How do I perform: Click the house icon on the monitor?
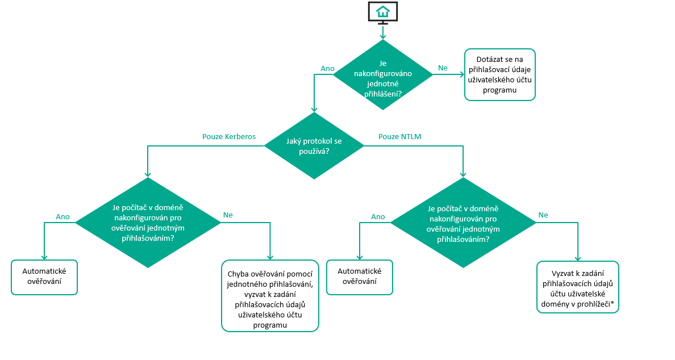click(383, 11)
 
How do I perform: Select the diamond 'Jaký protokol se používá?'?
click(314, 146)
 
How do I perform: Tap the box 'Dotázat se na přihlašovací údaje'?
click(499, 74)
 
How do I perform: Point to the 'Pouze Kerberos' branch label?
click(229, 137)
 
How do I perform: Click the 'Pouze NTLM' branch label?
click(399, 137)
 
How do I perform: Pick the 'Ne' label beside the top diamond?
click(443, 68)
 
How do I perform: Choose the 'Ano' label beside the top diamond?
click(328, 69)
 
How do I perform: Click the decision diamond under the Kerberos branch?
click(148, 223)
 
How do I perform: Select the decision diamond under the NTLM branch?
click(463, 223)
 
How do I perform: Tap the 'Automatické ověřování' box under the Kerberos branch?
click(44, 277)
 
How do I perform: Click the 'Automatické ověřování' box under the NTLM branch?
click(360, 277)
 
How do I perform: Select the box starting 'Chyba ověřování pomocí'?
click(270, 295)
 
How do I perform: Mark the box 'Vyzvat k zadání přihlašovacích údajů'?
click(578, 287)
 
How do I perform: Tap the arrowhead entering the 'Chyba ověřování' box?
click(270, 257)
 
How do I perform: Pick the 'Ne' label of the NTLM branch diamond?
click(543, 215)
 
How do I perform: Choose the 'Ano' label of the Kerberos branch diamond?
click(63, 216)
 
